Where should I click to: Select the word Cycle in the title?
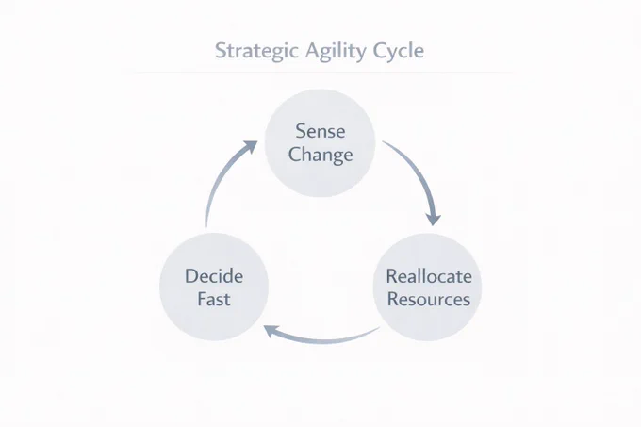click(x=398, y=52)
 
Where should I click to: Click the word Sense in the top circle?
click(x=320, y=131)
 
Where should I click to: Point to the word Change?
click(x=320, y=155)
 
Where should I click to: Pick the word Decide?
click(x=214, y=276)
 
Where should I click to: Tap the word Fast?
click(x=214, y=299)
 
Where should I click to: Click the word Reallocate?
click(x=429, y=276)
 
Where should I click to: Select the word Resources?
click(x=428, y=299)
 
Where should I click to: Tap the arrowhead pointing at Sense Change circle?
click(x=250, y=147)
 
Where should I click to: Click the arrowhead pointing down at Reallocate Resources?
click(x=433, y=219)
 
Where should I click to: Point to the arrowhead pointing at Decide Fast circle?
click(x=271, y=331)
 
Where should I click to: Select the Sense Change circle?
click(x=320, y=143)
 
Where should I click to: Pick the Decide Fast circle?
click(x=214, y=287)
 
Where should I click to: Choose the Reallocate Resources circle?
click(x=428, y=287)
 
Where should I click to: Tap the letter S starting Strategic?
click(x=221, y=50)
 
